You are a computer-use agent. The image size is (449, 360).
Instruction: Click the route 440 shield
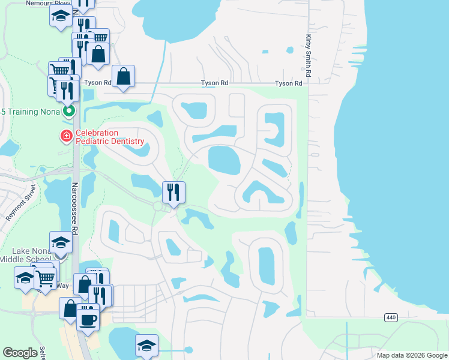[x=391, y=316]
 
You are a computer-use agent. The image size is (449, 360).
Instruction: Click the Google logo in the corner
[x=20, y=353]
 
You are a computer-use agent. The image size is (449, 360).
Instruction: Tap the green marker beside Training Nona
[x=70, y=111]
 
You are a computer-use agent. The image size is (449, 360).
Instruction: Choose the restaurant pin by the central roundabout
[x=173, y=193]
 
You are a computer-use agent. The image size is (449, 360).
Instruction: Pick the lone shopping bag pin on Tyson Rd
[x=123, y=77]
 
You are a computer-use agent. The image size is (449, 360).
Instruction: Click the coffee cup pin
[x=88, y=318]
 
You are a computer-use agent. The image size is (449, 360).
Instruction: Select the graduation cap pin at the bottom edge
[x=146, y=346]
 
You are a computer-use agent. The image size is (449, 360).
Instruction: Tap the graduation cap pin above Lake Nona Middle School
[x=61, y=242]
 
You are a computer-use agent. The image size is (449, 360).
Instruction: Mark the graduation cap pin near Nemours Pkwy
[x=61, y=17]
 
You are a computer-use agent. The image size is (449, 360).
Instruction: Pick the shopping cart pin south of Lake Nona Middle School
[x=46, y=278]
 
